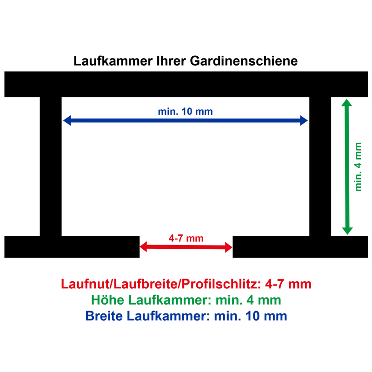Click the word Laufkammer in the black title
113,61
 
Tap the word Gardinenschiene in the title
244,61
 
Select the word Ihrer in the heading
171,61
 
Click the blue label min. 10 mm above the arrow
185,112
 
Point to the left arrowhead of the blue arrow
67,120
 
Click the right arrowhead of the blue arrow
304,120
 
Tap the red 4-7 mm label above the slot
186,238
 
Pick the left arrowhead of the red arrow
143,247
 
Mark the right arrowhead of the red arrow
229,247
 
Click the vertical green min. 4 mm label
358,167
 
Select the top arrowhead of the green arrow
346,102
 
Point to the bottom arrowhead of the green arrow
347,231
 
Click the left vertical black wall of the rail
51,166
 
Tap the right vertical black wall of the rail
320,166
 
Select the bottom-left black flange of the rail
72,247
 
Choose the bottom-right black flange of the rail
300,247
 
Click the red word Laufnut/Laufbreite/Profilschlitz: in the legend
161,284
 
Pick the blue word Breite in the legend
104,316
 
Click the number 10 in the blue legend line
252,316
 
